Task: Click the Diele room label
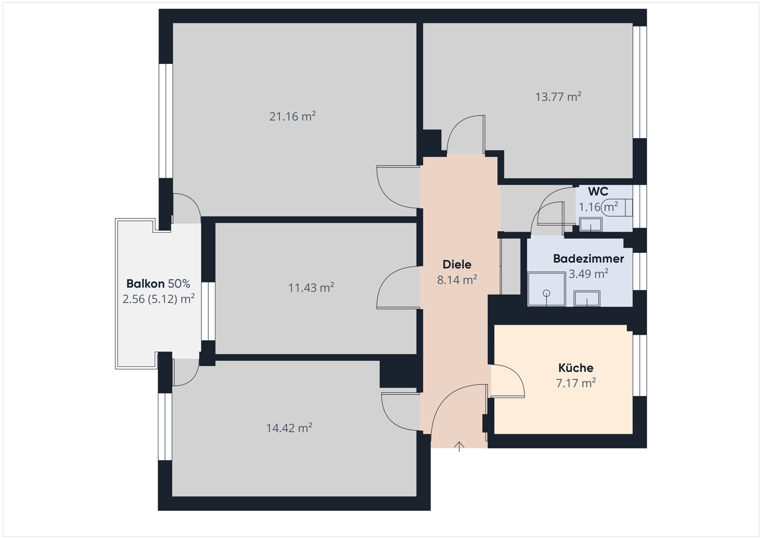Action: pos(457,264)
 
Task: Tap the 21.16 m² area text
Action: pos(292,116)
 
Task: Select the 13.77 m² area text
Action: pos(558,97)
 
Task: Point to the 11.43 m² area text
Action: pos(311,288)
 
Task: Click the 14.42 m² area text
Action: pos(289,428)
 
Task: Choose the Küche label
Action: pos(576,368)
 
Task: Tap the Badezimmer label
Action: pos(588,259)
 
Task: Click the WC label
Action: pos(598,192)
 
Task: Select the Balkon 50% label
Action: pos(158,283)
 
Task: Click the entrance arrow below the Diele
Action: pos(459,447)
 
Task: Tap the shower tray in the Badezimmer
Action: pos(546,290)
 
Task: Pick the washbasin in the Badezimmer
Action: pos(587,299)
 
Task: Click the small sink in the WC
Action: pos(591,224)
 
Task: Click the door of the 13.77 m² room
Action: pos(466,134)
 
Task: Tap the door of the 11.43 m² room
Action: pos(398,288)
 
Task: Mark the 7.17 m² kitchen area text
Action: pos(576,383)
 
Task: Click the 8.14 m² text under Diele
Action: pos(457,279)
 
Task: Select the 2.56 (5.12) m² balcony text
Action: pos(158,299)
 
